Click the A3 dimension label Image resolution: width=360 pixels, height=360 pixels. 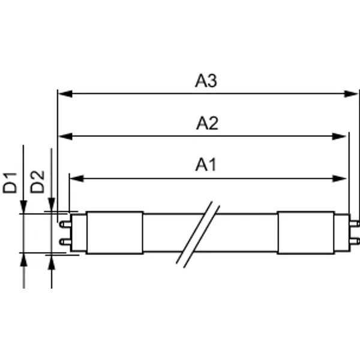[x=206, y=80]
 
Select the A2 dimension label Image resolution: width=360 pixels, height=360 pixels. [x=207, y=123]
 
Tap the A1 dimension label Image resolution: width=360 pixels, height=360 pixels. [x=206, y=164]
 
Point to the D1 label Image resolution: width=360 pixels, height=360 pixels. [x=10, y=183]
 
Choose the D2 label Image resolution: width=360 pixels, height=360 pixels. [x=37, y=182]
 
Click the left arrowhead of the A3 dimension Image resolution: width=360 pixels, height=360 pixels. [x=65, y=94]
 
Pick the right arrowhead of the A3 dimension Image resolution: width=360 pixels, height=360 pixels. [x=351, y=94]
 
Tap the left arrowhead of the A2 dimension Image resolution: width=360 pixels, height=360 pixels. [x=65, y=136]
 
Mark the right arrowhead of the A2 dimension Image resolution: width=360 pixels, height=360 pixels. [x=339, y=136]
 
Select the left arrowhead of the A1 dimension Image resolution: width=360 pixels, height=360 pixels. [x=77, y=178]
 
